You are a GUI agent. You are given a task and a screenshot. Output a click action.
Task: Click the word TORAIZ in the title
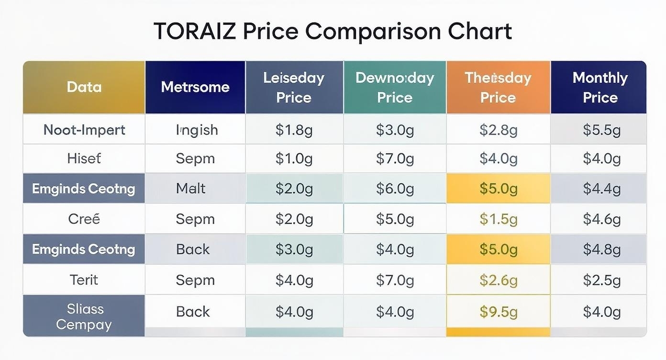195,32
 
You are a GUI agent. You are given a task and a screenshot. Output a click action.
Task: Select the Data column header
84,87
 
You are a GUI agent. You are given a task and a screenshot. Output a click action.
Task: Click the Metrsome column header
195,87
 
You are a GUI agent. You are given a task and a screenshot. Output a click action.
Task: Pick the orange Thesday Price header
498,87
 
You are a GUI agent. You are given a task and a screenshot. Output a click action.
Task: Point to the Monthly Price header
600,87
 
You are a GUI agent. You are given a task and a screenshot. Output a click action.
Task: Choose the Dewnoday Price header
395,87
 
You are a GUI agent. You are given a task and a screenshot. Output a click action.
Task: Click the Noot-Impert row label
84,130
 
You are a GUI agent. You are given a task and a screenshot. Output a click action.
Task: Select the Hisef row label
84,158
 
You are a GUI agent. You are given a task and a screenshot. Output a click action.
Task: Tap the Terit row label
84,280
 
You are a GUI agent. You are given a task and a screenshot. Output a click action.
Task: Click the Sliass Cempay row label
84,316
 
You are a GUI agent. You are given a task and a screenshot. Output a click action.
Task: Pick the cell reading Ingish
197,130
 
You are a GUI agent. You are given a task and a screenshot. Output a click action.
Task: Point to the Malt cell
190,189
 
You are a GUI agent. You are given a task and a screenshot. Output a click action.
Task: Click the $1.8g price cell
294,130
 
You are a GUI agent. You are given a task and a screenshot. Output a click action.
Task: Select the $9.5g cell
499,312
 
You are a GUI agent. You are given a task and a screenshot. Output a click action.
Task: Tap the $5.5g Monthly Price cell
601,130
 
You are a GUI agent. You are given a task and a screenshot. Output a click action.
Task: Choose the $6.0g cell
395,189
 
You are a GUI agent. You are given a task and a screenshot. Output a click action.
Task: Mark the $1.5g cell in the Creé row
499,219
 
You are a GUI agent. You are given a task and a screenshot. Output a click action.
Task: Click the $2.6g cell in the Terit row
499,280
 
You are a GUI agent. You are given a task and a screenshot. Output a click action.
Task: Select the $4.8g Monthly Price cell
601,249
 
